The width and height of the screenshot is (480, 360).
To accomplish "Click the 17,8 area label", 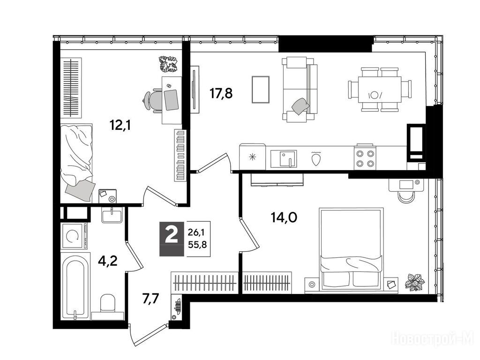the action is pyautogui.click(x=221, y=93).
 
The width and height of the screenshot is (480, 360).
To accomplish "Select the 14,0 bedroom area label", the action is pyautogui.click(x=284, y=217).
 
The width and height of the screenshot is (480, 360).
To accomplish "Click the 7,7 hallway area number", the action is pyautogui.click(x=151, y=298).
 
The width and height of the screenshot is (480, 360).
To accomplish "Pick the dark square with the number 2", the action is pyautogui.click(x=172, y=238).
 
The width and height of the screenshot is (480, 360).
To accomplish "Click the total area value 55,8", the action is pyautogui.click(x=197, y=244).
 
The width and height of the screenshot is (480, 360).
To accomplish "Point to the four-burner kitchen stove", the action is pyautogui.click(x=365, y=158).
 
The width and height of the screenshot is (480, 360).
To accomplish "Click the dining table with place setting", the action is pyautogui.click(x=380, y=90).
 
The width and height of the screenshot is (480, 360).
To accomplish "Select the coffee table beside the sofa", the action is pyautogui.click(x=261, y=90).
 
